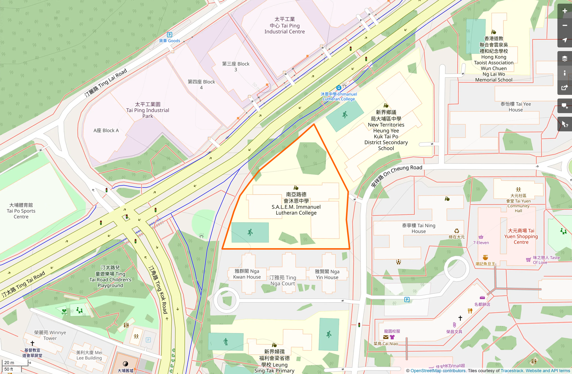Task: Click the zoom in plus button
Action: [564, 11]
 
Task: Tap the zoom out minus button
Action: [564, 26]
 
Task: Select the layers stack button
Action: [564, 58]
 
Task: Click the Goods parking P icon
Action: [170, 35]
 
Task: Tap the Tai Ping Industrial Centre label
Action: [284, 26]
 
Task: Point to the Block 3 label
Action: [236, 67]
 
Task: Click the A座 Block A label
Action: [106, 130]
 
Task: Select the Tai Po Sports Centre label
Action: [21, 211]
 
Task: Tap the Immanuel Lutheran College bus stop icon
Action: [339, 88]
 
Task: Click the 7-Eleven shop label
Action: [481, 243]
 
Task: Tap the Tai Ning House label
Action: [419, 228]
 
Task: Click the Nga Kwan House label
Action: [247, 274]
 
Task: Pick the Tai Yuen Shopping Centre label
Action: [521, 236]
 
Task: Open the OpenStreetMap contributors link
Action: [438, 371]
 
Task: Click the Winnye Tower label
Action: [50, 335]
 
